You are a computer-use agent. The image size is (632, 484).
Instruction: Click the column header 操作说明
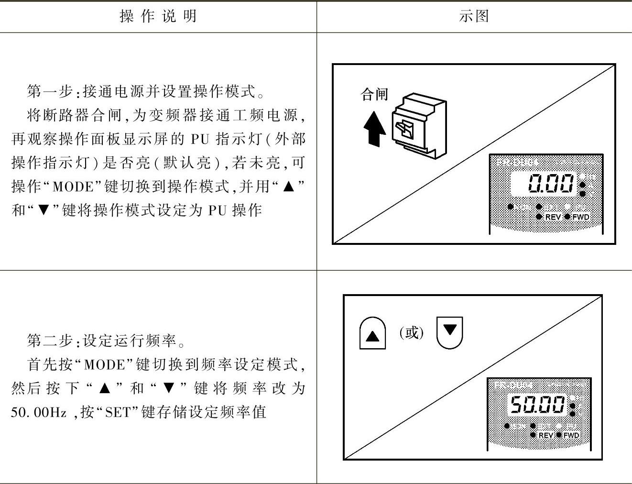coord(158,16)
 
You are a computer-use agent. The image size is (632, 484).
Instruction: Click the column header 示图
coord(473,16)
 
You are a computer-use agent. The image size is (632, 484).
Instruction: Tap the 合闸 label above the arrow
coord(374,94)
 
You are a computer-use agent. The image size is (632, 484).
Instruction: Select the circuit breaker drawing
coord(419,127)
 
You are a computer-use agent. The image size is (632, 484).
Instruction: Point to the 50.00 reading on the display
coord(538,405)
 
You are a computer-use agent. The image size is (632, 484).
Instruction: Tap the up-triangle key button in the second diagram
coord(372,333)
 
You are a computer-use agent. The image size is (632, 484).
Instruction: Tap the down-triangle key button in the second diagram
coord(450,331)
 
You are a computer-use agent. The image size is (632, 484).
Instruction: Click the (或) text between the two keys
coord(412,332)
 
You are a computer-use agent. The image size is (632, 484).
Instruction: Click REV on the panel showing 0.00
coord(553,217)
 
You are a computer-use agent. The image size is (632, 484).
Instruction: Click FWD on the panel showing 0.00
coord(580,217)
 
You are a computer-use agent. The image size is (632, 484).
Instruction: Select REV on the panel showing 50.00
coord(545,435)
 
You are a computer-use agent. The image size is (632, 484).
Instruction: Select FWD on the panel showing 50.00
coord(571,435)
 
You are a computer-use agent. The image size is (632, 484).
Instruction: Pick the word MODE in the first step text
coord(73,187)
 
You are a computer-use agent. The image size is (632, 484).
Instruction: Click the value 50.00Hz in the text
coord(38,412)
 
